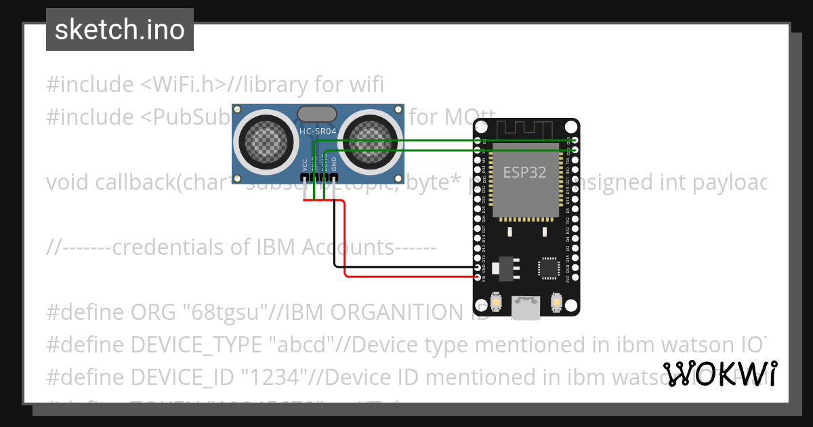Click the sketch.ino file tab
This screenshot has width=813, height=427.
tap(120, 30)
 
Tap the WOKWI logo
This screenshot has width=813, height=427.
tap(720, 374)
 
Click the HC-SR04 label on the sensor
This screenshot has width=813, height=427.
tap(318, 130)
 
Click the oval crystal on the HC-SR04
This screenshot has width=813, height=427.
tap(316, 113)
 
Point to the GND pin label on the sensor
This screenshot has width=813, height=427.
tap(334, 163)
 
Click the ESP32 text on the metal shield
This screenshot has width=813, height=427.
tap(524, 172)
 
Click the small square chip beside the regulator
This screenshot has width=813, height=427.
tap(548, 268)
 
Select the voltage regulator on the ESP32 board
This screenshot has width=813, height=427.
tap(505, 268)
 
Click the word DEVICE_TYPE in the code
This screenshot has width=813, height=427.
tap(196, 345)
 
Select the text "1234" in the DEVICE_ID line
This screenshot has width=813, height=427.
tap(289, 376)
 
